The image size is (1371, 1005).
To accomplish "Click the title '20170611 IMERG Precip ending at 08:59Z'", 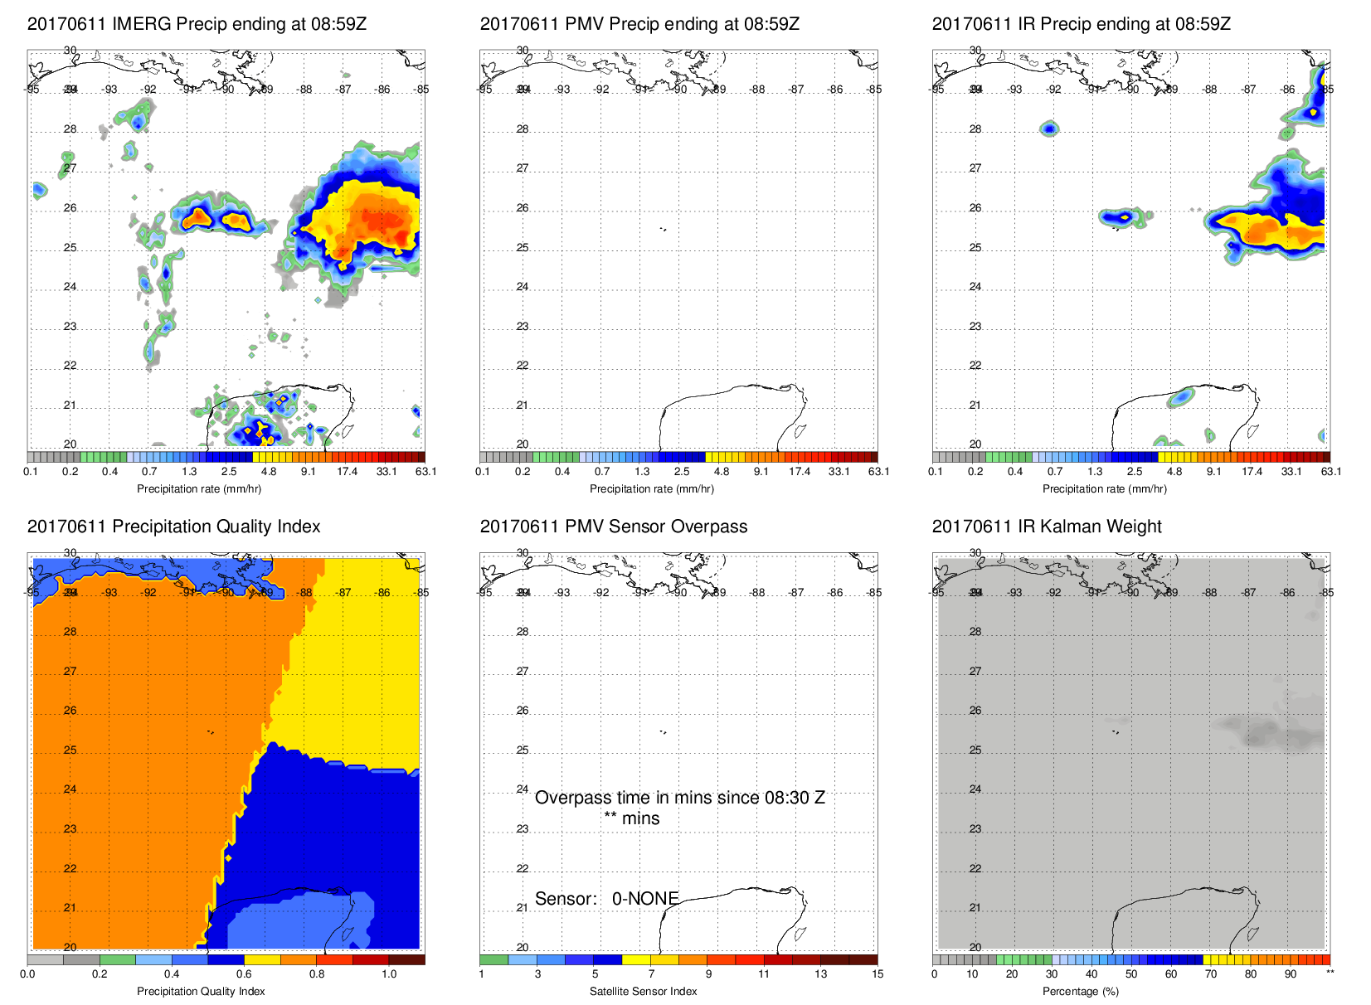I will click(x=197, y=24).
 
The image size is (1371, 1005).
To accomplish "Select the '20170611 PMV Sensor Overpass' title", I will click(x=613, y=527).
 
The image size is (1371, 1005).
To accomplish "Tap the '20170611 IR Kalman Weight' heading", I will click(x=1047, y=527).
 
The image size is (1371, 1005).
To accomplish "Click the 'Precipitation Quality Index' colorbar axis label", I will click(x=201, y=991).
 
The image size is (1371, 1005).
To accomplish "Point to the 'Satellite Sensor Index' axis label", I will click(x=643, y=991).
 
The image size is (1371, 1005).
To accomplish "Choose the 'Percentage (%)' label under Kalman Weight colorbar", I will click(x=1081, y=991).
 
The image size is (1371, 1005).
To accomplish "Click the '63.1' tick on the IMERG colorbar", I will click(x=425, y=472).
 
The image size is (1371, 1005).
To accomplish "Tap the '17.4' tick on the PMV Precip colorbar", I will click(x=800, y=472).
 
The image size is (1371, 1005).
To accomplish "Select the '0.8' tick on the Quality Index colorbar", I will click(x=317, y=974).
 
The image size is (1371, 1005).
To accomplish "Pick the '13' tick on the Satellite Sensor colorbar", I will click(x=820, y=974).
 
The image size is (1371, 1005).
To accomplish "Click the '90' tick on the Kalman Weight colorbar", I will click(x=1291, y=974).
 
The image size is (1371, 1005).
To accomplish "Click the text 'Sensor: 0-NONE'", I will click(x=607, y=899).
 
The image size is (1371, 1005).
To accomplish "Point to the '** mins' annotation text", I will click(x=632, y=818).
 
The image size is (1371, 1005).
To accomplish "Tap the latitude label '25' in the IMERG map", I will click(x=70, y=248).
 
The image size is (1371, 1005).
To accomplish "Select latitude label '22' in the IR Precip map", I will click(x=975, y=366).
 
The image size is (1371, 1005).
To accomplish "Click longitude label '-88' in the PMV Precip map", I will click(x=758, y=90).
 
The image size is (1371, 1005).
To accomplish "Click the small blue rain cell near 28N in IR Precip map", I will click(x=1050, y=129).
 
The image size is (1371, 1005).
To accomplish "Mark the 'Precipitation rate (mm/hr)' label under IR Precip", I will click(x=1104, y=489).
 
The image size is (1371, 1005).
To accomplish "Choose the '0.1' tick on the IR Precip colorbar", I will click(x=936, y=472).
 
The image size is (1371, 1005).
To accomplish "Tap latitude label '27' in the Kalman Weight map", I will click(x=975, y=672).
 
